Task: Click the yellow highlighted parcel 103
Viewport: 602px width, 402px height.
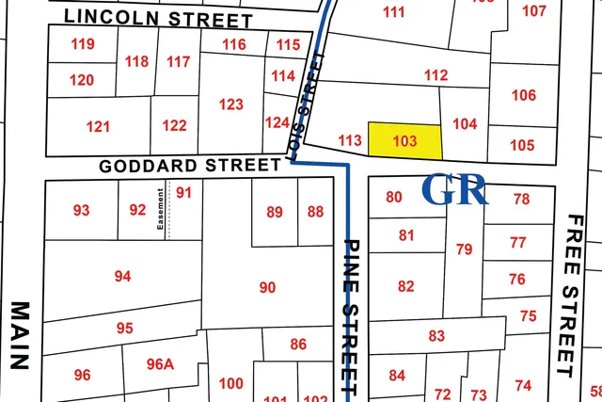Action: click(x=404, y=140)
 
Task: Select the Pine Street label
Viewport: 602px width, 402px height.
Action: click(x=350, y=316)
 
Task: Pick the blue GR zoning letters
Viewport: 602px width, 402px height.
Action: click(x=455, y=189)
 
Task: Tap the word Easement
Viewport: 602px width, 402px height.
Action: click(x=161, y=212)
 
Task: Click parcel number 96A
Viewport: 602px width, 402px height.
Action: click(x=161, y=364)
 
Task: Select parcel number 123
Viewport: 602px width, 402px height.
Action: click(x=231, y=105)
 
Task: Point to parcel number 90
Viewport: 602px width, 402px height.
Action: click(x=267, y=287)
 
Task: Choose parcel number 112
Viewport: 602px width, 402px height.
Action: click(x=436, y=75)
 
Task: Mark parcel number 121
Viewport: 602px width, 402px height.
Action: click(x=98, y=126)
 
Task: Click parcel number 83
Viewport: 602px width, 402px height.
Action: click(x=436, y=336)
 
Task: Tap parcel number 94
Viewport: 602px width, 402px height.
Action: click(x=122, y=276)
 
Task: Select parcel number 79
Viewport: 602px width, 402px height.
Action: click(x=464, y=249)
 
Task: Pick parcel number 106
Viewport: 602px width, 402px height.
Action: click(x=524, y=95)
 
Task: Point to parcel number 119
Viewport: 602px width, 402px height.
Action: click(x=83, y=44)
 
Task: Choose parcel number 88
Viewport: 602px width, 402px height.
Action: click(x=315, y=212)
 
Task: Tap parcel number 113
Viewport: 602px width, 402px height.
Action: click(x=349, y=140)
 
